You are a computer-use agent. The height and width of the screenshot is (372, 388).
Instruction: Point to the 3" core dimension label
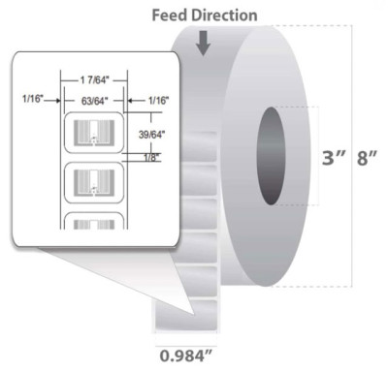[x=328, y=155]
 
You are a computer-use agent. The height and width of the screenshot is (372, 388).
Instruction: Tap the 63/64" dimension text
[x=93, y=99]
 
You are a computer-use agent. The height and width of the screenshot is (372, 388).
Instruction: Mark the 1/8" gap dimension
[x=145, y=154]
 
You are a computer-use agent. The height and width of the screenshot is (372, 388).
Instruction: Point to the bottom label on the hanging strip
[x=184, y=313]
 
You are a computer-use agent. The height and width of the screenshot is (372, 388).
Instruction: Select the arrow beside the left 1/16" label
[x=56, y=98]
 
